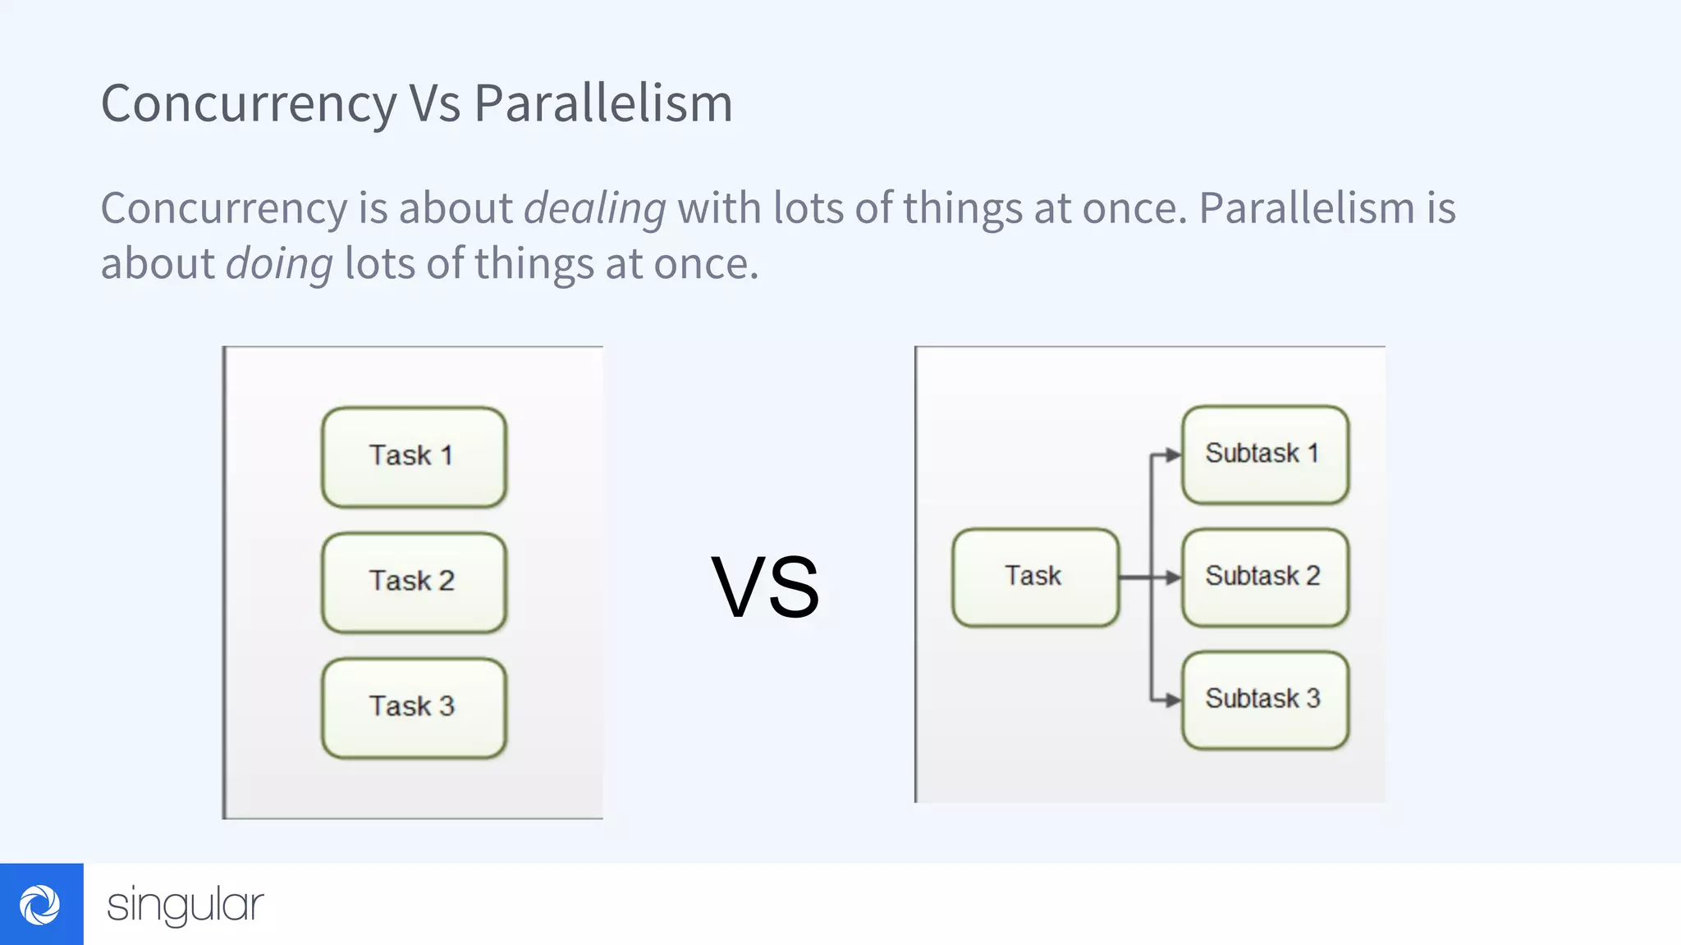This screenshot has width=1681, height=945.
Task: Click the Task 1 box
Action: (414, 457)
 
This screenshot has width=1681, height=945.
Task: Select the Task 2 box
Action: (414, 582)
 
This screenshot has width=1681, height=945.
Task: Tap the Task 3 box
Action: (414, 708)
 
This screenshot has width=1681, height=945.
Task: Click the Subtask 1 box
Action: (1265, 454)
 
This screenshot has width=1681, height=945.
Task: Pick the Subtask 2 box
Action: (1265, 577)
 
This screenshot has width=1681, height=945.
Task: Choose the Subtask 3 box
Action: (1265, 700)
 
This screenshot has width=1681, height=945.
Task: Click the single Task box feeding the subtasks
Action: (1035, 577)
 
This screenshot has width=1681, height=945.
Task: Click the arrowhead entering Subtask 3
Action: (1173, 700)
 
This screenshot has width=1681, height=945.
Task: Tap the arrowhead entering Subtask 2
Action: (1173, 577)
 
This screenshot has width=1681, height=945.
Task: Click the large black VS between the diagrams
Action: (765, 587)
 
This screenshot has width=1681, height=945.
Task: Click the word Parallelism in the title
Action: (603, 104)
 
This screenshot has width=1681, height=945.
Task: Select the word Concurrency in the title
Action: (249, 104)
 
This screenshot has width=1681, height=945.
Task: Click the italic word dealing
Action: (595, 208)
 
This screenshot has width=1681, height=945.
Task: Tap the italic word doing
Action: (279, 264)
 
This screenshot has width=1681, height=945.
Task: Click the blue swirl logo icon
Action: (40, 904)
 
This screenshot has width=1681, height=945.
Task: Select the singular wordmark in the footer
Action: (186, 905)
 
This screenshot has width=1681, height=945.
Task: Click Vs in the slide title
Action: (435, 104)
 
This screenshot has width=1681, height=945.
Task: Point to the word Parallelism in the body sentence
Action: (1306, 208)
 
